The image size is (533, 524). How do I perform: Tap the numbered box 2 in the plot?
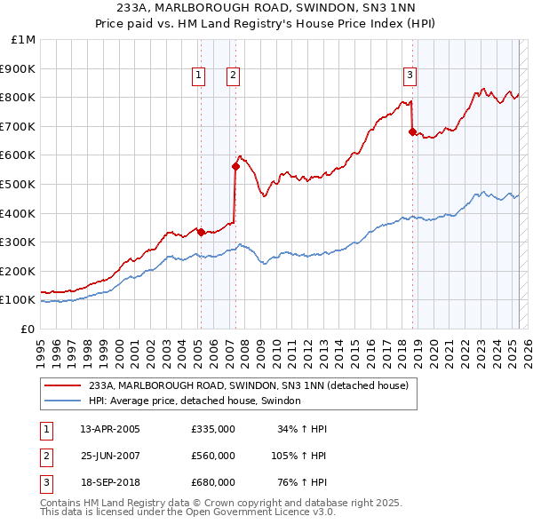(x=232, y=76)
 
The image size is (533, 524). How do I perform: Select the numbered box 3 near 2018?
(x=410, y=76)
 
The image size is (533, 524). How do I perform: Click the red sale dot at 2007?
(x=235, y=166)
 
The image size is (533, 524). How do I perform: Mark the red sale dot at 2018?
(x=412, y=131)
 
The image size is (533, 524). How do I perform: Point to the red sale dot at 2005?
(x=201, y=232)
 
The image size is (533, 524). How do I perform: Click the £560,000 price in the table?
(x=212, y=456)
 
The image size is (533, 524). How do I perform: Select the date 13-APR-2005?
(x=110, y=429)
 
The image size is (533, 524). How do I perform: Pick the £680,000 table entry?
(x=212, y=482)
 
